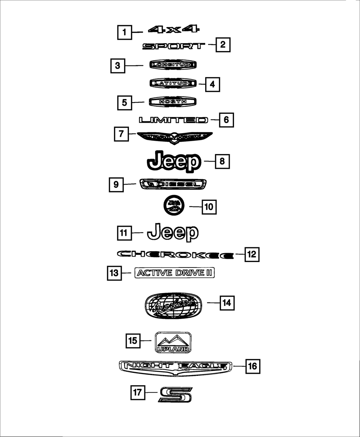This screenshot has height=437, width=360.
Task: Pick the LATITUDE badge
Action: (x=173, y=84)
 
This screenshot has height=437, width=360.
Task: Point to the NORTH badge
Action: (x=173, y=102)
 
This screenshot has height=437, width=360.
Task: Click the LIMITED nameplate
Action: (x=174, y=120)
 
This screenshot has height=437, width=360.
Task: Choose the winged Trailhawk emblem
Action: (x=175, y=137)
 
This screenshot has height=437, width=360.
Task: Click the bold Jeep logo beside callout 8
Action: (x=174, y=162)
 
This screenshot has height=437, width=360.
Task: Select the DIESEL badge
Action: (x=174, y=184)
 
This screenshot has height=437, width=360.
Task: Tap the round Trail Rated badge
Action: (x=174, y=206)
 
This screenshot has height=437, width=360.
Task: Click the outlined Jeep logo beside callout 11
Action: (x=173, y=232)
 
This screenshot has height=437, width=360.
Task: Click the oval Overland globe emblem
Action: (x=173, y=305)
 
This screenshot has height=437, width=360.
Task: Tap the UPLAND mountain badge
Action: (x=173, y=342)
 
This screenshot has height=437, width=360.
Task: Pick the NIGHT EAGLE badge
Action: (x=175, y=367)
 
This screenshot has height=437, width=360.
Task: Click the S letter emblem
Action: (x=175, y=395)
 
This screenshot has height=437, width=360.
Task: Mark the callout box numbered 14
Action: (x=226, y=303)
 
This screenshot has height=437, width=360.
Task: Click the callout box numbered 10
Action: (x=209, y=207)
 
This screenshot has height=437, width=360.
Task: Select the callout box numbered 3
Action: (x=118, y=66)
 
